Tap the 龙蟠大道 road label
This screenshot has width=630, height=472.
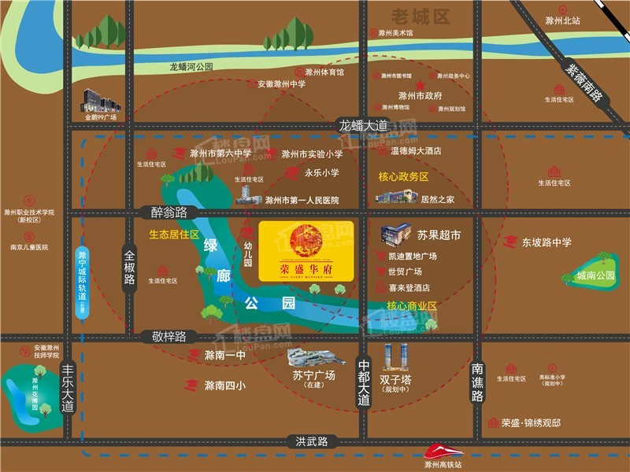[x=364, y=125]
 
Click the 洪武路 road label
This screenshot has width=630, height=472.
[x=312, y=441]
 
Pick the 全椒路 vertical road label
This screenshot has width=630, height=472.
[x=130, y=267]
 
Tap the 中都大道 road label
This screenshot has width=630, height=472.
[x=363, y=383]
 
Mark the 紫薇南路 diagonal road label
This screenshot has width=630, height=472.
[x=584, y=84]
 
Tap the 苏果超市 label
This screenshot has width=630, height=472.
[x=439, y=235]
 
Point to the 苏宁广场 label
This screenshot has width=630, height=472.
[x=313, y=375]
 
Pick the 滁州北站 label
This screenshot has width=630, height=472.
[x=562, y=20]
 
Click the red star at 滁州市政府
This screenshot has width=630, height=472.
[x=421, y=84]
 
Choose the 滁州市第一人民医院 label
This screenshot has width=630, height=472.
[x=302, y=201]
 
